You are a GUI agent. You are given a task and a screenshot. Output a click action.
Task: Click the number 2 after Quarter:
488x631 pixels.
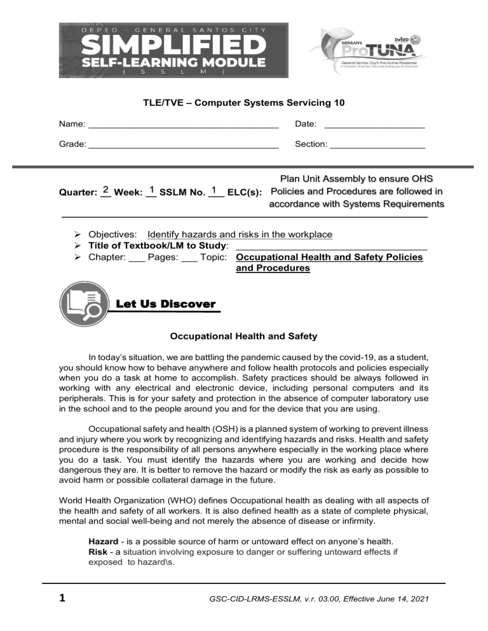[x=105, y=190]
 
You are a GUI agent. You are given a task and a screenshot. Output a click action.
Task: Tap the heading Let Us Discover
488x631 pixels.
[x=166, y=304]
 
